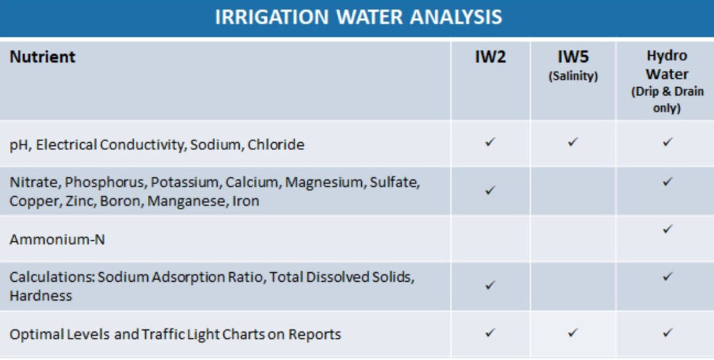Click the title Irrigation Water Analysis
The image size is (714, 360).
[x=358, y=17]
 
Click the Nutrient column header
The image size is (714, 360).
[x=43, y=57]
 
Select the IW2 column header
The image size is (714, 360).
[x=490, y=57]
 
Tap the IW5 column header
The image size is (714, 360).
[x=573, y=57]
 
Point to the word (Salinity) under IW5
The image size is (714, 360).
[x=573, y=75]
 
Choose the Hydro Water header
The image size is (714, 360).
[x=667, y=65]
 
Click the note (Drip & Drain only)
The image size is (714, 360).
[x=667, y=100]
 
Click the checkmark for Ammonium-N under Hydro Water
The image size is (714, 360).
[x=667, y=229]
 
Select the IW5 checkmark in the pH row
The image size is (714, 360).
[x=573, y=142]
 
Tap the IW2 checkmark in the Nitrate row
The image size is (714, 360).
[x=490, y=190]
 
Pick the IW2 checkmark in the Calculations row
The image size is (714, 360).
[x=490, y=285]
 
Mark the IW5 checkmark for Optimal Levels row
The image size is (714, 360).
[x=573, y=333]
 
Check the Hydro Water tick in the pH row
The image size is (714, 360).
[x=667, y=142]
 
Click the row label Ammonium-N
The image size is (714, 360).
[x=57, y=239]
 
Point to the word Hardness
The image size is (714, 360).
[x=40, y=296]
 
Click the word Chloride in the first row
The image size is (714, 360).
[x=276, y=145]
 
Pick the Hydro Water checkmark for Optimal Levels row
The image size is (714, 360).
[x=667, y=333]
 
